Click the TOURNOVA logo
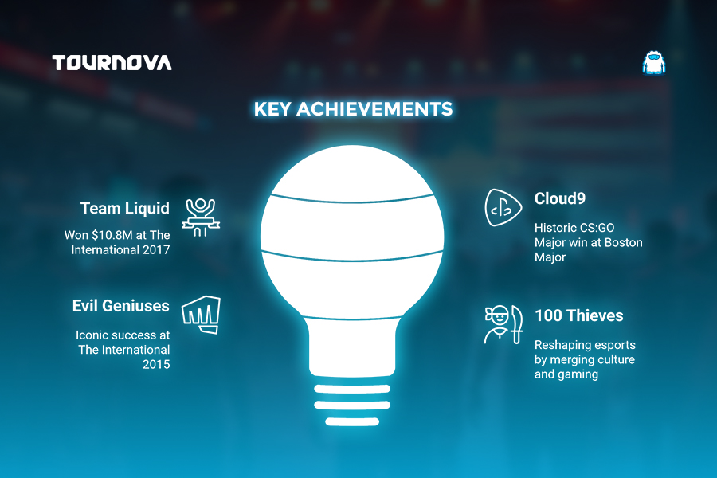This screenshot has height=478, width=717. (x=112, y=63)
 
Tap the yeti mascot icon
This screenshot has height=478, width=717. (x=653, y=63)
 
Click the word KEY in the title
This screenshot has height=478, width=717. (x=272, y=109)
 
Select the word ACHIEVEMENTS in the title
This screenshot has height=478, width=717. (x=374, y=109)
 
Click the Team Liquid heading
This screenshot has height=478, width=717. (x=125, y=208)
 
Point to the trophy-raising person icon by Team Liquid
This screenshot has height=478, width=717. (x=201, y=217)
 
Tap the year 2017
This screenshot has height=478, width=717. (x=156, y=249)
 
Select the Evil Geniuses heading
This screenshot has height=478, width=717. (x=121, y=306)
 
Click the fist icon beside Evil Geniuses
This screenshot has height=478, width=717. (x=202, y=315)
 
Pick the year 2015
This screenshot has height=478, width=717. (x=156, y=365)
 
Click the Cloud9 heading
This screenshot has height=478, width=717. (x=560, y=198)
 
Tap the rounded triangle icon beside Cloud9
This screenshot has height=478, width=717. (x=503, y=208)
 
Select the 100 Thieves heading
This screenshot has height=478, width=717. (x=579, y=315)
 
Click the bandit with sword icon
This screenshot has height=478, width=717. (x=503, y=324)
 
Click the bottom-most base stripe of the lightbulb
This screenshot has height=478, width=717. (x=352, y=421)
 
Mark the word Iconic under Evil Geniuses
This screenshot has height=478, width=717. (x=92, y=335)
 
